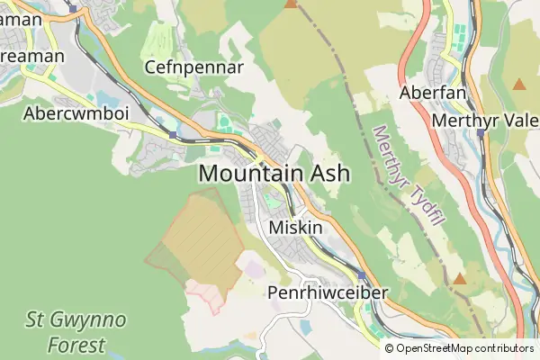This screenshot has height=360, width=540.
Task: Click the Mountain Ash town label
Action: click(x=274, y=174)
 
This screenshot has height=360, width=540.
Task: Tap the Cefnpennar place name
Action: click(x=194, y=67)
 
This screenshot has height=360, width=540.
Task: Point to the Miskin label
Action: click(x=295, y=228)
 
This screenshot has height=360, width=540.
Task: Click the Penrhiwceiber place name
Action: click(x=328, y=293)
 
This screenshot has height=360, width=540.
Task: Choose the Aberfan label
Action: click(x=434, y=94)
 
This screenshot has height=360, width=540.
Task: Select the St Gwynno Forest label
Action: click(x=76, y=330)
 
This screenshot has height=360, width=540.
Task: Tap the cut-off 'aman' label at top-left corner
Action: click(x=22, y=18)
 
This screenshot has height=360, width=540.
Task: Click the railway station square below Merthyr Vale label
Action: click(x=481, y=133)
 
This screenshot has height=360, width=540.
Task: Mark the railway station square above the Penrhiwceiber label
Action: click(x=362, y=275)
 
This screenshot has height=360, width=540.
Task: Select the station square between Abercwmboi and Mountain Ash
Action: click(x=173, y=134)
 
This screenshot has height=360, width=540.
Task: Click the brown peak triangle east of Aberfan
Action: click(x=519, y=85)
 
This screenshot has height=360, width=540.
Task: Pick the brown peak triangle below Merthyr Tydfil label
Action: click(x=460, y=278)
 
